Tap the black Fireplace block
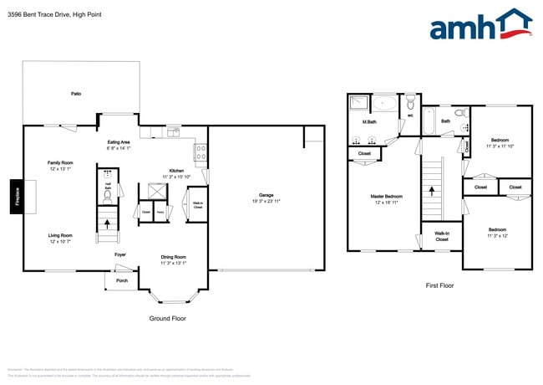tap(17, 198)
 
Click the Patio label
tap(76, 94)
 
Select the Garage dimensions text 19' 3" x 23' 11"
tap(266, 202)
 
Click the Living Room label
tap(59, 235)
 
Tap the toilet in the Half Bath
tap(107, 197)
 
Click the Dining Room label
tap(173, 256)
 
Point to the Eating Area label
tap(118, 142)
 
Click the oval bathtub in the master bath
tap(385, 105)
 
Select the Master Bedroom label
tap(388, 197)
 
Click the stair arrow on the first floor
tap(432, 191)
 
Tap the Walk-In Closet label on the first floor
tap(442, 236)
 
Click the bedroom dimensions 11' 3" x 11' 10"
tap(500, 146)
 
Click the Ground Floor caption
tap(167, 318)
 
